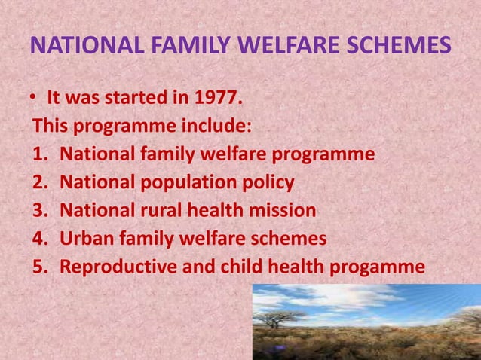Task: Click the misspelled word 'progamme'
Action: pyautogui.click(x=381, y=268)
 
